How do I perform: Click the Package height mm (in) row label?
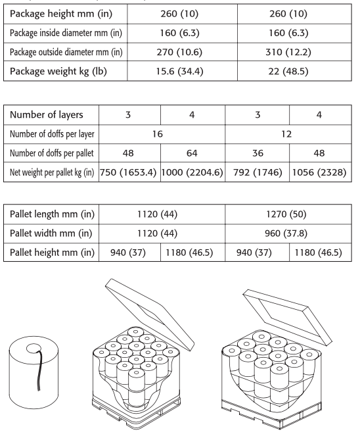61,14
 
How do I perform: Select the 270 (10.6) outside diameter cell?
179,52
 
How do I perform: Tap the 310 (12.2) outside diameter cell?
288,52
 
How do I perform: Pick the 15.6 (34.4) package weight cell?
179,71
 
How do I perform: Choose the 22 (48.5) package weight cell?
288,71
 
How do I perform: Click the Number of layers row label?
47,114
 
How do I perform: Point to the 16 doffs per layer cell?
158,134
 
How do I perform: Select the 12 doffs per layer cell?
286,134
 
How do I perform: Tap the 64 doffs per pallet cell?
192,153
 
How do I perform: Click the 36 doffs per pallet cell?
258,153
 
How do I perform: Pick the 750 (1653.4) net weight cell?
128,172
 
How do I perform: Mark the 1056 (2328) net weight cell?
319,172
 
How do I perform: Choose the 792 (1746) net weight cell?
258,172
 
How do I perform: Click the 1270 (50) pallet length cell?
286,214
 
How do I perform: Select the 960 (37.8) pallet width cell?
286,233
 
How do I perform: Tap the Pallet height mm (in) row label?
52,253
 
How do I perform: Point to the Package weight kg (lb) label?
58,71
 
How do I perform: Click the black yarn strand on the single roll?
40,370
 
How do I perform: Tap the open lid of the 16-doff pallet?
150,314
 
